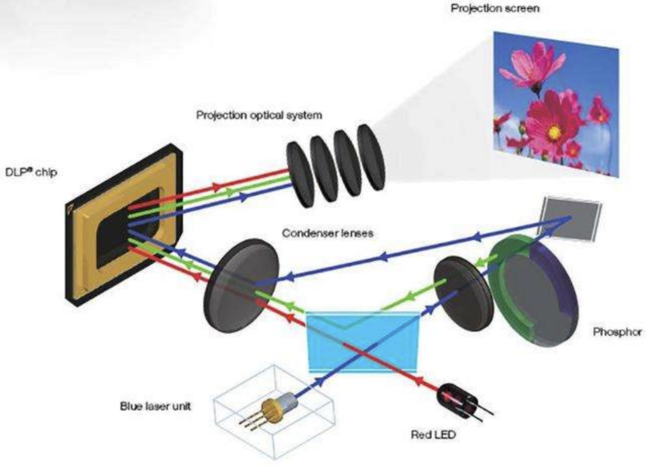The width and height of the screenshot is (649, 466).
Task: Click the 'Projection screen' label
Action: coord(495,9)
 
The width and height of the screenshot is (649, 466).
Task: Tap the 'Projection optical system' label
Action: coord(259,115)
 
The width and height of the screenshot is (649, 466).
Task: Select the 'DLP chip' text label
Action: coord(31,172)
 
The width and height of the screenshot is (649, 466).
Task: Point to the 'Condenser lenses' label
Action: coord(327,233)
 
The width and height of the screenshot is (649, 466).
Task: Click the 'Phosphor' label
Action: coord(617,332)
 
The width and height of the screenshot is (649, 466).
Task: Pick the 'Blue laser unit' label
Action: coord(156,406)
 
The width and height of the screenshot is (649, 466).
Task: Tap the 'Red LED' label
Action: coord(433,435)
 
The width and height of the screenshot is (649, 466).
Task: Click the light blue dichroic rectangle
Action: coord(363,342)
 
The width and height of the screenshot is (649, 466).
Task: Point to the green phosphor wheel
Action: coord(533,290)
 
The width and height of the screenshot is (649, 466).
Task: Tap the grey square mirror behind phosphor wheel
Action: coord(569,219)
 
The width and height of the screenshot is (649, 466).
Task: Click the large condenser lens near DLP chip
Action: coord(242,286)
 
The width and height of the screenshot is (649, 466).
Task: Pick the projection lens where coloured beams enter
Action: coord(300,175)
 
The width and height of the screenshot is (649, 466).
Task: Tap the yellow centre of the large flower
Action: coord(554,132)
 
